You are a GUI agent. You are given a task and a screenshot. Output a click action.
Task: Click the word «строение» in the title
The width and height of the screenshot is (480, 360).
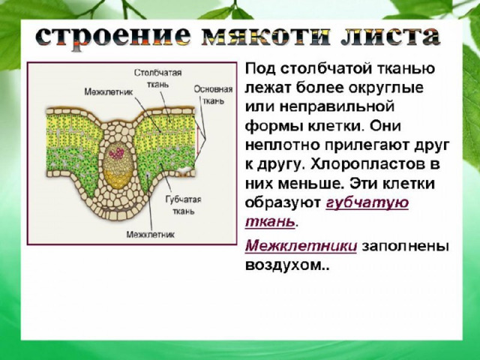tap(113, 37)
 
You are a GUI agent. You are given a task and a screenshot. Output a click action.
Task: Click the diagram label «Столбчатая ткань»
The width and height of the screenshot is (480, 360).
tap(157, 78)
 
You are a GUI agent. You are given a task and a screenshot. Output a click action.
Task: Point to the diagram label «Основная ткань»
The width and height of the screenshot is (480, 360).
tap(213, 95)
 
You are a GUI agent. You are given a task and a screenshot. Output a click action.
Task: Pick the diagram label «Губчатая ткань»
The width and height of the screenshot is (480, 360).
tap(183, 205)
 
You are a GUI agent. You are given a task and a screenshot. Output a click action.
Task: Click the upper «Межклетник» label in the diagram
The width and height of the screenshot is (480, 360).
tap(108, 91)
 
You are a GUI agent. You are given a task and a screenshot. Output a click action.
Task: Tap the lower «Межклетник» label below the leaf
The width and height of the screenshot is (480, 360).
tap(150, 235)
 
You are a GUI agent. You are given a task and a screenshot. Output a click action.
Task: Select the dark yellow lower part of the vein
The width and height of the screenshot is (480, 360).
tap(118, 180)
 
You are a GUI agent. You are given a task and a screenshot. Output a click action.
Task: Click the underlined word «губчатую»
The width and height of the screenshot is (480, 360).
tap(367, 203)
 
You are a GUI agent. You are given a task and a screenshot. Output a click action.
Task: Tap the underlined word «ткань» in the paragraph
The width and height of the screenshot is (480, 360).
tap(270, 221)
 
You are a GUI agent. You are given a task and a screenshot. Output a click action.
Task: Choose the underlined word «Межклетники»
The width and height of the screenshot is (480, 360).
tap(301, 245)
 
